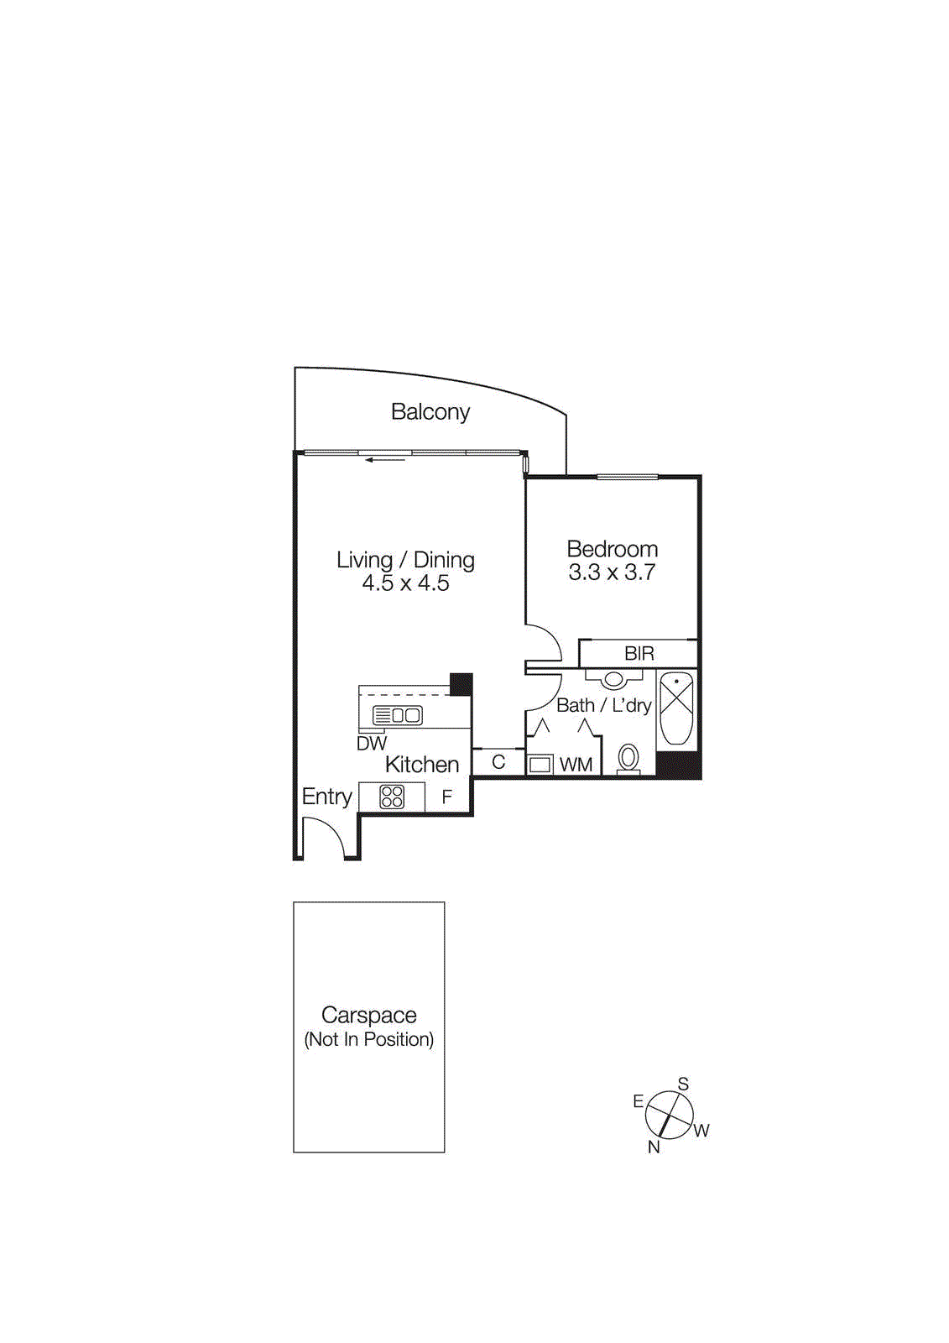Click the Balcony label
430,412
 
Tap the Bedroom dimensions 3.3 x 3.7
612,573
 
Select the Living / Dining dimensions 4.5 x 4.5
405,583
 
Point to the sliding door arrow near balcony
385,459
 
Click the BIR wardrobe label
639,654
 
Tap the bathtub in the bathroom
676,708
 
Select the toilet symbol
628,759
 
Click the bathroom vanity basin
614,678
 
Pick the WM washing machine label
576,765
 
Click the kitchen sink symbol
398,716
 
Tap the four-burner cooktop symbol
392,797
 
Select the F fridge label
447,797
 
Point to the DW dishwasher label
372,744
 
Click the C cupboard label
498,762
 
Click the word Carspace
368,1016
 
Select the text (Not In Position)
368,1040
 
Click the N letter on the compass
654,1147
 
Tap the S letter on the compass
683,1084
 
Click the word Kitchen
422,765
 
